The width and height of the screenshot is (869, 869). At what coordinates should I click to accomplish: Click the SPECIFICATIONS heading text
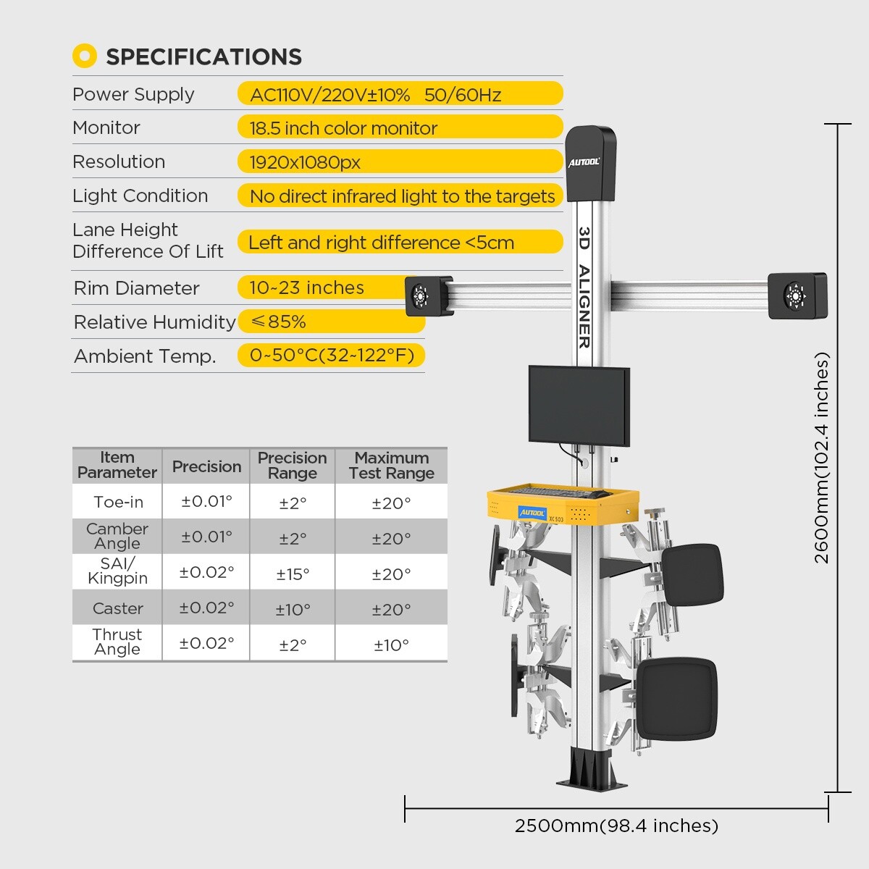click(203, 56)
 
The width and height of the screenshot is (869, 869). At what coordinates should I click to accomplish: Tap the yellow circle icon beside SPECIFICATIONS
click(85, 56)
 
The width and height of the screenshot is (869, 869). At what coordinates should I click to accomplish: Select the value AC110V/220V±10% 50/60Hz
click(376, 95)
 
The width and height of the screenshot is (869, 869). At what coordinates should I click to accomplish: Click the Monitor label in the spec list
click(106, 127)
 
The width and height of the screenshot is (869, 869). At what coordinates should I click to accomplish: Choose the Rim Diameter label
click(136, 288)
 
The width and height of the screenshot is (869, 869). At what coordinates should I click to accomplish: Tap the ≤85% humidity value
click(278, 322)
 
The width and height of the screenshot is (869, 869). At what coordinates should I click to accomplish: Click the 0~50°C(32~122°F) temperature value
click(332, 356)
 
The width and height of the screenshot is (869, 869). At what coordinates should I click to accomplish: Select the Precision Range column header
click(292, 466)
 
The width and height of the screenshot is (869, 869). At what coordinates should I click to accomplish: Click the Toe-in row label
click(118, 502)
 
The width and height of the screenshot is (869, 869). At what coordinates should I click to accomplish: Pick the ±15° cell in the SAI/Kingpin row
click(293, 574)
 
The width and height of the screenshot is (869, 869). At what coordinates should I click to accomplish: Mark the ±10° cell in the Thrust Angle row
click(391, 645)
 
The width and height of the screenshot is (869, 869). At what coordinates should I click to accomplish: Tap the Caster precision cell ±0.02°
click(206, 608)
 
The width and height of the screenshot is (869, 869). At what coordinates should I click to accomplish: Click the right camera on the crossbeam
click(797, 295)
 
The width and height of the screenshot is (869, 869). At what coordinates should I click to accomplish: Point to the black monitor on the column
click(579, 405)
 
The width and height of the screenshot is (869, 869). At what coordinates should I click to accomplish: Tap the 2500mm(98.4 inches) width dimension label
click(616, 826)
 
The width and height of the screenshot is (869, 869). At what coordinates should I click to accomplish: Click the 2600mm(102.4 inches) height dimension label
click(822, 458)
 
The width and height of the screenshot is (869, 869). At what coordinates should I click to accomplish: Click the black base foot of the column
click(589, 772)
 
